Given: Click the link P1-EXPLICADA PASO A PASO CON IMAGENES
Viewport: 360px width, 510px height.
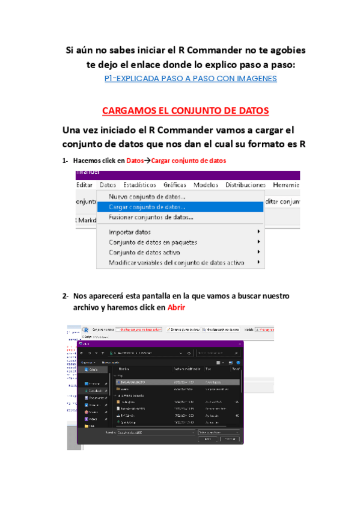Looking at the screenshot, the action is [x=190, y=78].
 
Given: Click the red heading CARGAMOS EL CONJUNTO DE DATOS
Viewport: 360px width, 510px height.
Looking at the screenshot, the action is [x=185, y=111].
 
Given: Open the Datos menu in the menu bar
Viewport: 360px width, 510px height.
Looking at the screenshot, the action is [x=108, y=185].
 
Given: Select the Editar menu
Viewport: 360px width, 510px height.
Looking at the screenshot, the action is [x=85, y=185].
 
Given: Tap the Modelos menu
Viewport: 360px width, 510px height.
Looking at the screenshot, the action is [x=206, y=185].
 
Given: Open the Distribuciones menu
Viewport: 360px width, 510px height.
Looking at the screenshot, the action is [x=245, y=185].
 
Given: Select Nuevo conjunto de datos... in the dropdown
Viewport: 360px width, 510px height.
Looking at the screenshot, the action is [x=147, y=197].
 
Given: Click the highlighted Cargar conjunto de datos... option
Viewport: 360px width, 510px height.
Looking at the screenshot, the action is [x=147, y=207].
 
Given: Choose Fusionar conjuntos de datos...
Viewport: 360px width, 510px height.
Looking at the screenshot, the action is [x=151, y=217].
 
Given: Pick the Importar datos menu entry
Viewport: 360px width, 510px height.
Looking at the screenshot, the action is [x=130, y=232].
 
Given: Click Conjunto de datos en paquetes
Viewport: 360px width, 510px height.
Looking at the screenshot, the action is [x=153, y=242].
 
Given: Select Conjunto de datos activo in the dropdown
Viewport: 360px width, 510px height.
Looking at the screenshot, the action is [x=144, y=253].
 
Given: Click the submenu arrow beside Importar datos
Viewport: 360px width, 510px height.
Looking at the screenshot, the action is [x=259, y=232].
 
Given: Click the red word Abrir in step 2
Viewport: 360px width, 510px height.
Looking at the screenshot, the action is [x=176, y=307].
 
